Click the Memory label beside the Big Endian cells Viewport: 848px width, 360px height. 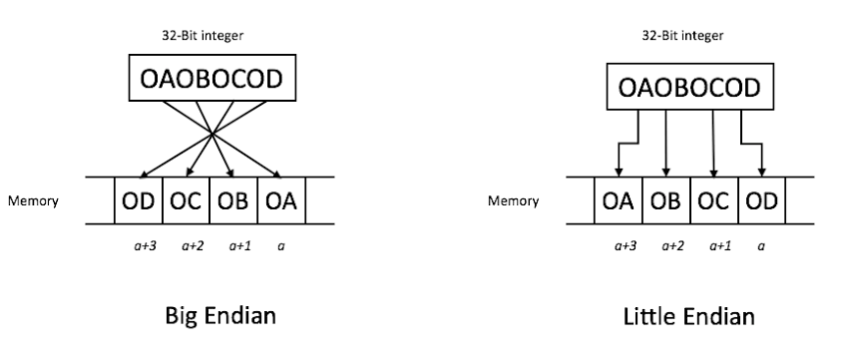(x=37, y=200)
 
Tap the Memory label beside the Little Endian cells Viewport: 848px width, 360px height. (x=512, y=200)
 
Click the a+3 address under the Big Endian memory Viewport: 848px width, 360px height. (x=139, y=244)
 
